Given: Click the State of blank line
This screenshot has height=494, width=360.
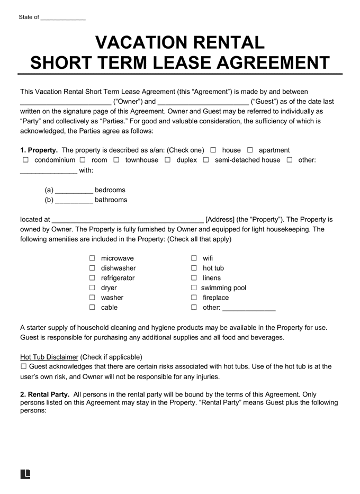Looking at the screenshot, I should pos(62,18).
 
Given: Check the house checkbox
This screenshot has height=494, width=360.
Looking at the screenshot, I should pos(213,150).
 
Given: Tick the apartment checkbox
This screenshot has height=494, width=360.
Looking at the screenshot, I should pos(250,150).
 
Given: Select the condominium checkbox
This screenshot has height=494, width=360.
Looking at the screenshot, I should pos(25,160).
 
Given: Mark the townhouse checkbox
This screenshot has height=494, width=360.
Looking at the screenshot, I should pos(116,160).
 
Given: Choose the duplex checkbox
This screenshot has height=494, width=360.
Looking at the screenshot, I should pos(167,160).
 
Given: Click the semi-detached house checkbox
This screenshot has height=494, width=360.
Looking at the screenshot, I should pos(206,160).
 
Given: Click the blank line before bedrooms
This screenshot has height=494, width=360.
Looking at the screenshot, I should pos(74,191).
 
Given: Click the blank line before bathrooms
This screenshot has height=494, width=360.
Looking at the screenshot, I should pos(74,200).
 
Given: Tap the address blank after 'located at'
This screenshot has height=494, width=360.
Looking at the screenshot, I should pos(127,220).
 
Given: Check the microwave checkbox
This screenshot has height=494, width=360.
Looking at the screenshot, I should pos(92,258).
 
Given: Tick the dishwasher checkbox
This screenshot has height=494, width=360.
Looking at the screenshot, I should pos(92,268).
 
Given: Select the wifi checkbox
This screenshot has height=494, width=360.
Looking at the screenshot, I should pos(194,258).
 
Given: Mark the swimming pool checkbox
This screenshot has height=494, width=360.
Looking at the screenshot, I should pos(194,288).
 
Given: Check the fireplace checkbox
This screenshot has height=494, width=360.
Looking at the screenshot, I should pos(194,298).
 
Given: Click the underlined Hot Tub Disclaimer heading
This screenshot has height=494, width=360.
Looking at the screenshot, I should pos(49,357).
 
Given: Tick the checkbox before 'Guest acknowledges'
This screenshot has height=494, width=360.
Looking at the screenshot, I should pos(23,366).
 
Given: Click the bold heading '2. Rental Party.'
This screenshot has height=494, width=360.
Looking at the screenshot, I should pos(44,394).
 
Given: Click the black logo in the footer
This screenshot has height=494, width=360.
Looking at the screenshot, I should pos(25,474).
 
